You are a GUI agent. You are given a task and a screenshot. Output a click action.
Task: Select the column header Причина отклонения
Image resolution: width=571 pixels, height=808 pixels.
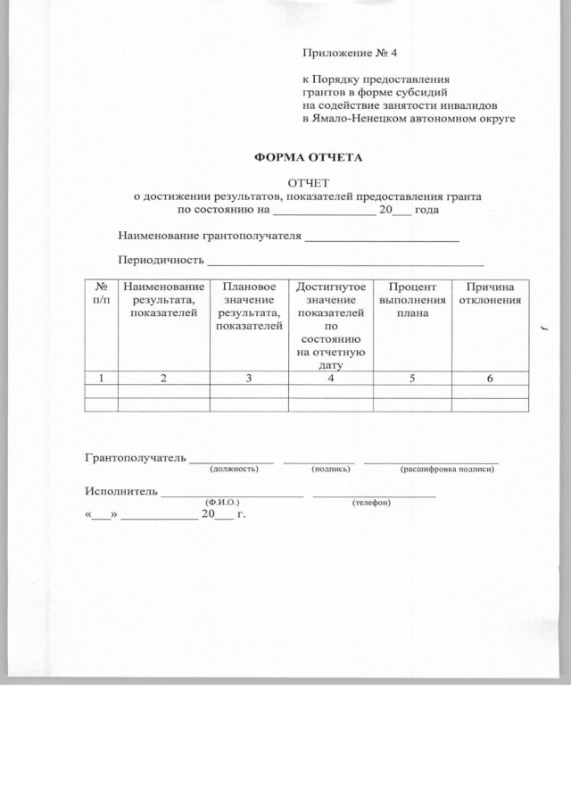[x=489, y=294]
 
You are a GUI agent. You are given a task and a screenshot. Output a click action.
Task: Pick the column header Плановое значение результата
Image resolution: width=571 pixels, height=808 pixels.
[x=249, y=306]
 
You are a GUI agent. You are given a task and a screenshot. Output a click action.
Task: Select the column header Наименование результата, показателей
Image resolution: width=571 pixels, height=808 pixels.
[x=163, y=299]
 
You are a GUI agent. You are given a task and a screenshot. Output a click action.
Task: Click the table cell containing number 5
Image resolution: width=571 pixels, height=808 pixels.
[x=411, y=379]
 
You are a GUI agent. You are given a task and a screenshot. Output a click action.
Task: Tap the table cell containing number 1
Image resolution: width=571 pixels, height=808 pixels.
[x=101, y=379]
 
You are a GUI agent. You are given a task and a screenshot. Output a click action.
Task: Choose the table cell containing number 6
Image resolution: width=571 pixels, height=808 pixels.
[x=489, y=379]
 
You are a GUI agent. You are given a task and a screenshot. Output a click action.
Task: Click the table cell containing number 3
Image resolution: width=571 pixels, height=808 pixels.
[x=249, y=379]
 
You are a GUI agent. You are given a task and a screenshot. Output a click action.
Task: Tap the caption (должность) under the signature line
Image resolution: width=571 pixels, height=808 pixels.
[x=234, y=468]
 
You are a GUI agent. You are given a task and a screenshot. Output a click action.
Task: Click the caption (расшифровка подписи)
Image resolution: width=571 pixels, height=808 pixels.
[x=447, y=468]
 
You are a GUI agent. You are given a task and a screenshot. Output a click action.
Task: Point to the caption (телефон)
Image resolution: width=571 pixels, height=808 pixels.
[x=371, y=502]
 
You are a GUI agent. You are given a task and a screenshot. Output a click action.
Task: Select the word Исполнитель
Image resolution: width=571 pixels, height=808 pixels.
[x=121, y=491]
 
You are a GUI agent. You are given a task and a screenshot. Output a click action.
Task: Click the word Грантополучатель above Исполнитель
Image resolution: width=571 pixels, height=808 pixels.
[x=136, y=458]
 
